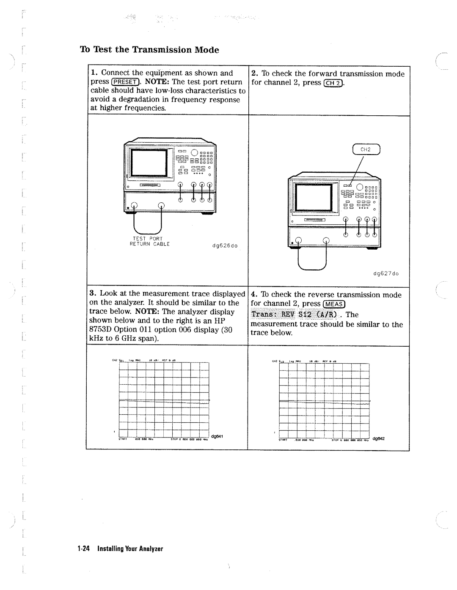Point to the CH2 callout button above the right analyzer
(x=365, y=149)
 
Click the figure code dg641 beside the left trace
(x=217, y=436)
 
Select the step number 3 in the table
(x=91, y=294)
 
